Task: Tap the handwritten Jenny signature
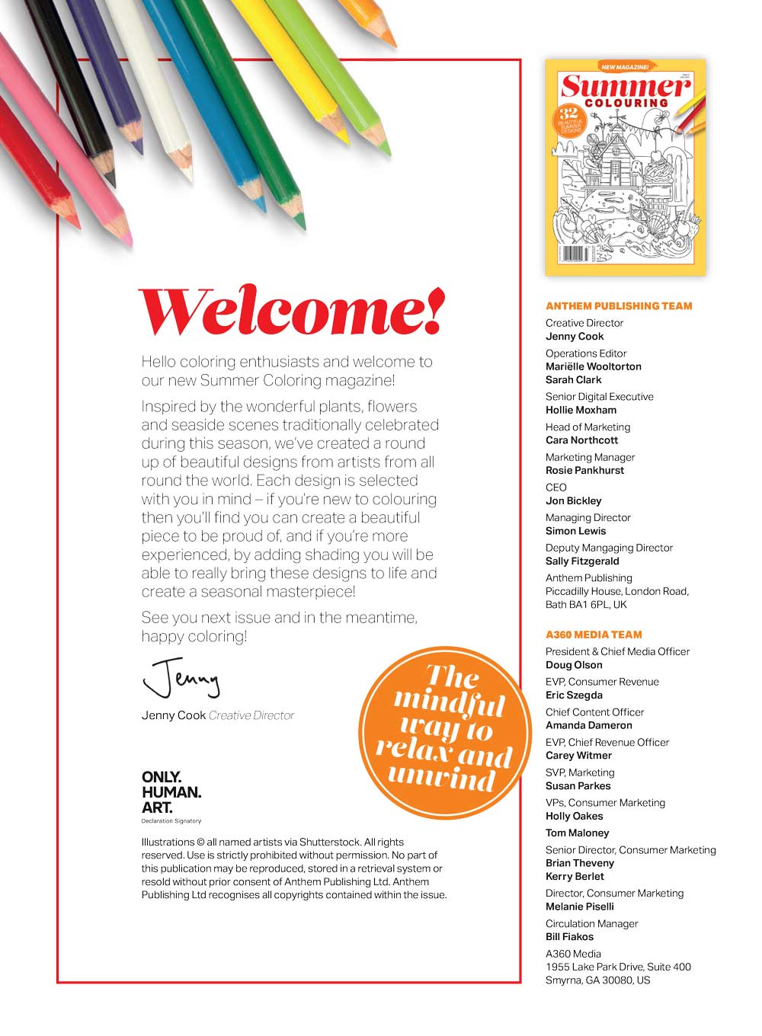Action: (x=181, y=676)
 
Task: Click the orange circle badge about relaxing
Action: (x=444, y=732)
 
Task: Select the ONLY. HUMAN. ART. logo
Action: (x=171, y=794)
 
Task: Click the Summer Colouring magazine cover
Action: (x=625, y=168)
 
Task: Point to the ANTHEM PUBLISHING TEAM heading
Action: (x=619, y=306)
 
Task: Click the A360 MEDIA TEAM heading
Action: (x=594, y=635)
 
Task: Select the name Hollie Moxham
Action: (x=581, y=410)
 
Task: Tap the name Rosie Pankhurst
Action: (x=584, y=471)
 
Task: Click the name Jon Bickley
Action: (x=573, y=501)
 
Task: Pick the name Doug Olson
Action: (x=574, y=665)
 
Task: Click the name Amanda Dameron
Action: (x=588, y=725)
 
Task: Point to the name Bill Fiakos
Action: (x=569, y=937)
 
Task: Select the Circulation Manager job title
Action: (x=591, y=923)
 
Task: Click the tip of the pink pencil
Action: (x=127, y=242)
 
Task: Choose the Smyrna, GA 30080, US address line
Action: (x=597, y=980)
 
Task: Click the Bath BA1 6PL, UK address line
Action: (x=586, y=605)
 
